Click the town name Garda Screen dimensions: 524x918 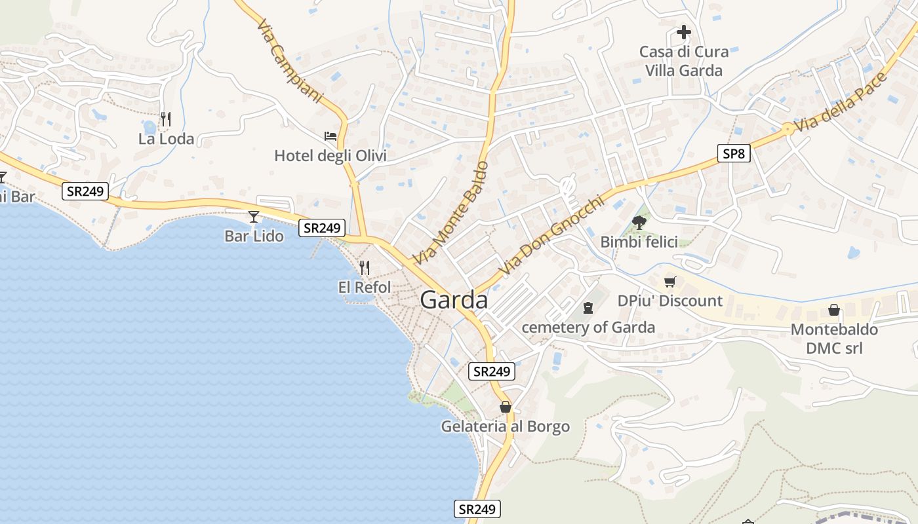click(x=454, y=300)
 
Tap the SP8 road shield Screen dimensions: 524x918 click(x=733, y=154)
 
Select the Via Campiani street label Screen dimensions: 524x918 click(x=290, y=61)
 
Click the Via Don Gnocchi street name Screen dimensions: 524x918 click(x=550, y=236)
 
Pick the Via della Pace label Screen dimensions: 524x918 click(x=840, y=102)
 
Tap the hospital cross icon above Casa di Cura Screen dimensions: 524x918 click(x=684, y=31)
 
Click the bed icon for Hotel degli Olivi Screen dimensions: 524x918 click(x=330, y=136)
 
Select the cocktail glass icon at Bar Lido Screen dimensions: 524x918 click(x=254, y=216)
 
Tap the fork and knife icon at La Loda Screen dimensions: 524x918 click(x=166, y=119)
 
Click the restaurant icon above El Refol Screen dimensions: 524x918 click(x=365, y=267)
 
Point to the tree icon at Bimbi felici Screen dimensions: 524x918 click(x=639, y=223)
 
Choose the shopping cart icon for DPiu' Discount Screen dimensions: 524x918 click(x=669, y=282)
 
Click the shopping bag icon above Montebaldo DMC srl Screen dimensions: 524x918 click(x=834, y=309)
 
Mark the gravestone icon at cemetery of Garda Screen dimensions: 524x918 click(x=588, y=307)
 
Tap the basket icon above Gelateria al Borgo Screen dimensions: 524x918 click(x=505, y=407)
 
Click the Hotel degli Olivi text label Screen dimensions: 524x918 click(x=330, y=156)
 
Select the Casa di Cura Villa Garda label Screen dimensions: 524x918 click(x=684, y=61)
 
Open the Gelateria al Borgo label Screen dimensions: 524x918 click(x=505, y=427)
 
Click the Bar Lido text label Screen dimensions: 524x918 click(x=254, y=236)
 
